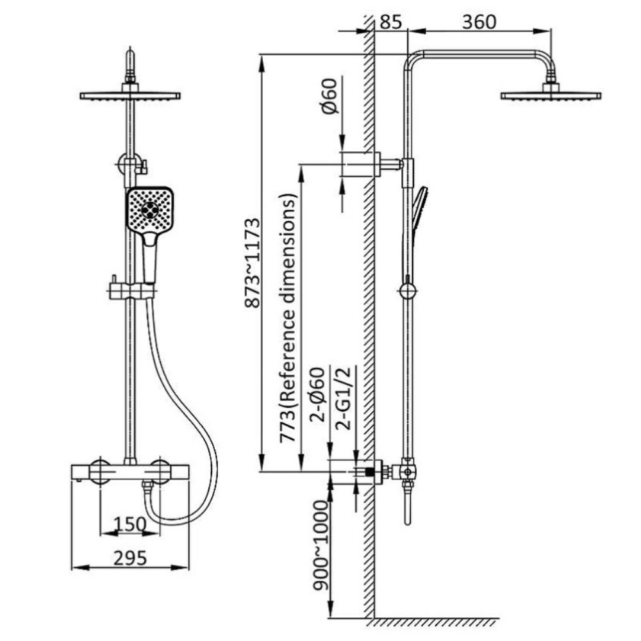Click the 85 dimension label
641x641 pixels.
391,21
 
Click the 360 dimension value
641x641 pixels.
479,22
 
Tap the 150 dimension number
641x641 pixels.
129,524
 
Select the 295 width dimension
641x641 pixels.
130,558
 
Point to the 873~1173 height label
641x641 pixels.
252,262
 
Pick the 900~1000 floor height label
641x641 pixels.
321,545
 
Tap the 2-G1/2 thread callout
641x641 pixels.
343,398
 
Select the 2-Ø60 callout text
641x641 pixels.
317,394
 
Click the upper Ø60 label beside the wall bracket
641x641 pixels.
329,96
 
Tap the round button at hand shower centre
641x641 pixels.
149,210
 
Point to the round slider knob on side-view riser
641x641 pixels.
407,291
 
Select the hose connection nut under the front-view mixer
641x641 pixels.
147,486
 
